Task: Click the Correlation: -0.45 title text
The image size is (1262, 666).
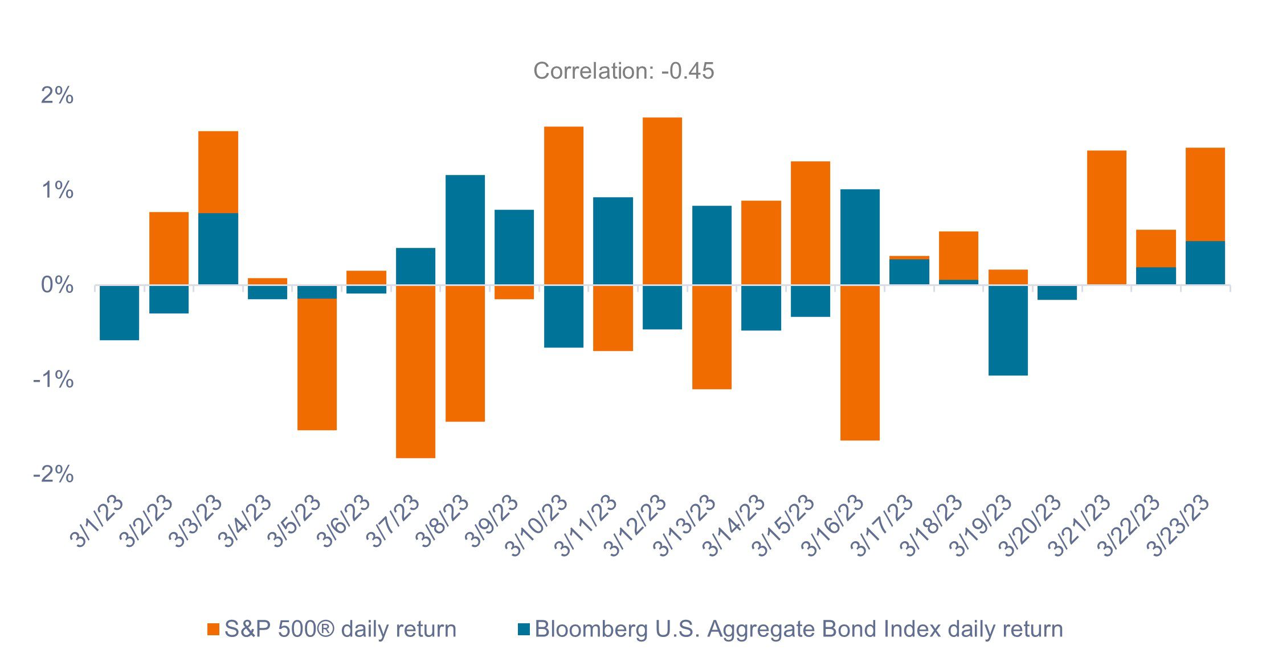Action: pos(623,71)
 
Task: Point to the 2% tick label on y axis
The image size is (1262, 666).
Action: pos(57,95)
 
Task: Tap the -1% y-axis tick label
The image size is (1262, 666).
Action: pos(54,379)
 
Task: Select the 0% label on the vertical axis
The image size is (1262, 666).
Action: pos(57,285)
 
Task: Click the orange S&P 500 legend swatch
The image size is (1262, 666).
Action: pos(214,630)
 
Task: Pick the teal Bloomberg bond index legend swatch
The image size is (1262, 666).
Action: pos(524,630)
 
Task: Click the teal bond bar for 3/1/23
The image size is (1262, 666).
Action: pos(119,312)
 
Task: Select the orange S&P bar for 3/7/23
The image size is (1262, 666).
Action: pos(415,371)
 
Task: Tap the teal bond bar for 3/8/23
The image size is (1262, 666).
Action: pos(465,230)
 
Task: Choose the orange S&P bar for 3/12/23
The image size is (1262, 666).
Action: pos(662,201)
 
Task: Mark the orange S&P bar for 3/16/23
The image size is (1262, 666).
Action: pos(860,363)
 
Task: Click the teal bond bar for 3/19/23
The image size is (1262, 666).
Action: pos(1008,330)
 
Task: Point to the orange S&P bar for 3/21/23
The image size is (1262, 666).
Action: pos(1106,218)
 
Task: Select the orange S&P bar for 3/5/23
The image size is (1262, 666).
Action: pos(317,365)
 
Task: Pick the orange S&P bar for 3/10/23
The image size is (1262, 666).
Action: pos(563,205)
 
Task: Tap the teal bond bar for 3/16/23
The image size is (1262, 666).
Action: pos(860,237)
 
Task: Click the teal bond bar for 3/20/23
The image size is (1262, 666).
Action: pos(1057,293)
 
